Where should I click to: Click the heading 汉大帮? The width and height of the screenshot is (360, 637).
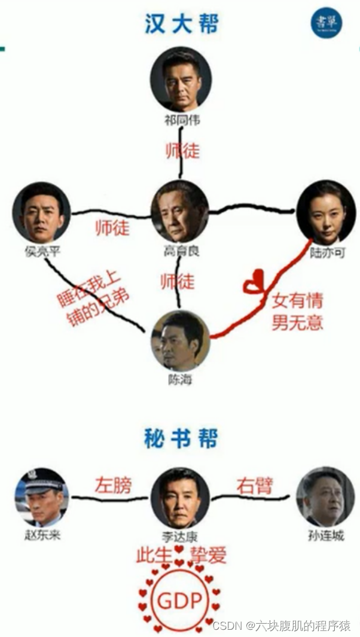181,24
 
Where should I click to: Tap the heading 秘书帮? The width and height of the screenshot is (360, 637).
181,440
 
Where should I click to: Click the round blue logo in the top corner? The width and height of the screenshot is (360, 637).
327,23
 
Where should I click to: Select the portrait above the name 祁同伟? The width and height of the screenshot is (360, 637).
181,78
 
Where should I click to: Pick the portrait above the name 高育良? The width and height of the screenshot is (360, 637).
179,211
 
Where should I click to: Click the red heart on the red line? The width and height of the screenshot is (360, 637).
254,283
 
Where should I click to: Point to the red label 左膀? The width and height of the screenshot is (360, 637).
112,485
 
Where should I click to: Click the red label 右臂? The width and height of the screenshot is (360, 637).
254,485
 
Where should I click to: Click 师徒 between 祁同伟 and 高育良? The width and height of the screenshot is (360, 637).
182,151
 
